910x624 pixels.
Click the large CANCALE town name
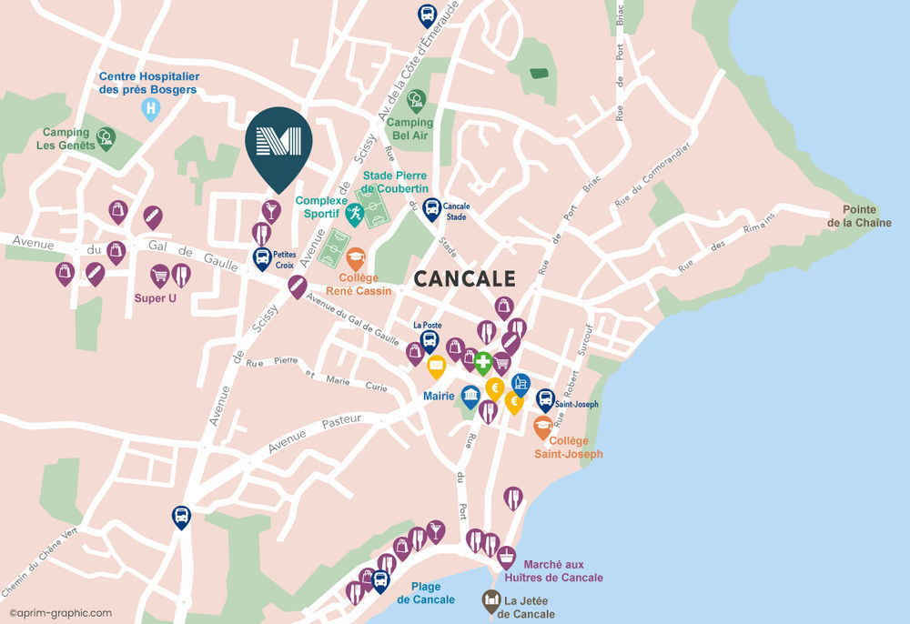click(464, 278)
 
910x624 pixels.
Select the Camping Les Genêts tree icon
click(106, 137)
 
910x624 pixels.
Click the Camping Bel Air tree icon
click(416, 99)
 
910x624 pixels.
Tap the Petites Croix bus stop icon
click(262, 257)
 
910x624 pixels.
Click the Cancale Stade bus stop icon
click(431, 209)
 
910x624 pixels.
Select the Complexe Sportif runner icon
click(354, 215)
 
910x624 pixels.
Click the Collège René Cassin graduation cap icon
click(355, 257)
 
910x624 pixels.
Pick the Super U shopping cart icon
click(160, 274)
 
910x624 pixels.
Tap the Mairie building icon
click(470, 396)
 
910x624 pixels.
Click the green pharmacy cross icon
click(482, 361)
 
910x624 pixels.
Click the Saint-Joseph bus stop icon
click(545, 399)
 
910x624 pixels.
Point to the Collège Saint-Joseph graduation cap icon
click(542, 426)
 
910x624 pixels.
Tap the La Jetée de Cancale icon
click(491, 600)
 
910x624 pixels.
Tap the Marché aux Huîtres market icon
click(507, 557)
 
